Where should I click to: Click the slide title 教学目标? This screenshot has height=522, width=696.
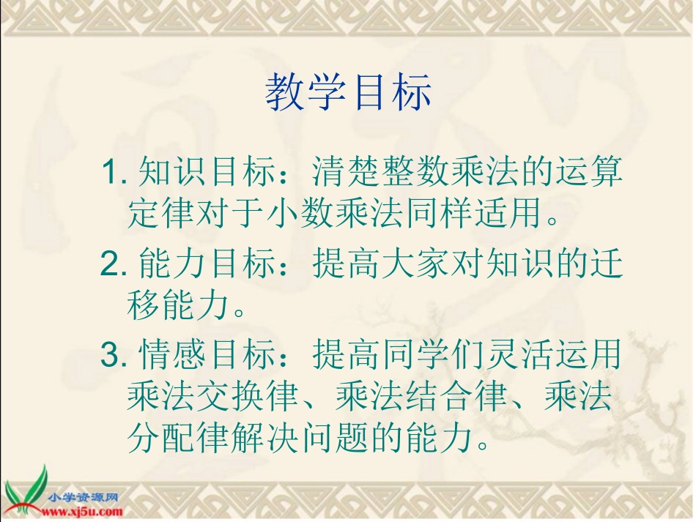point(349,93)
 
